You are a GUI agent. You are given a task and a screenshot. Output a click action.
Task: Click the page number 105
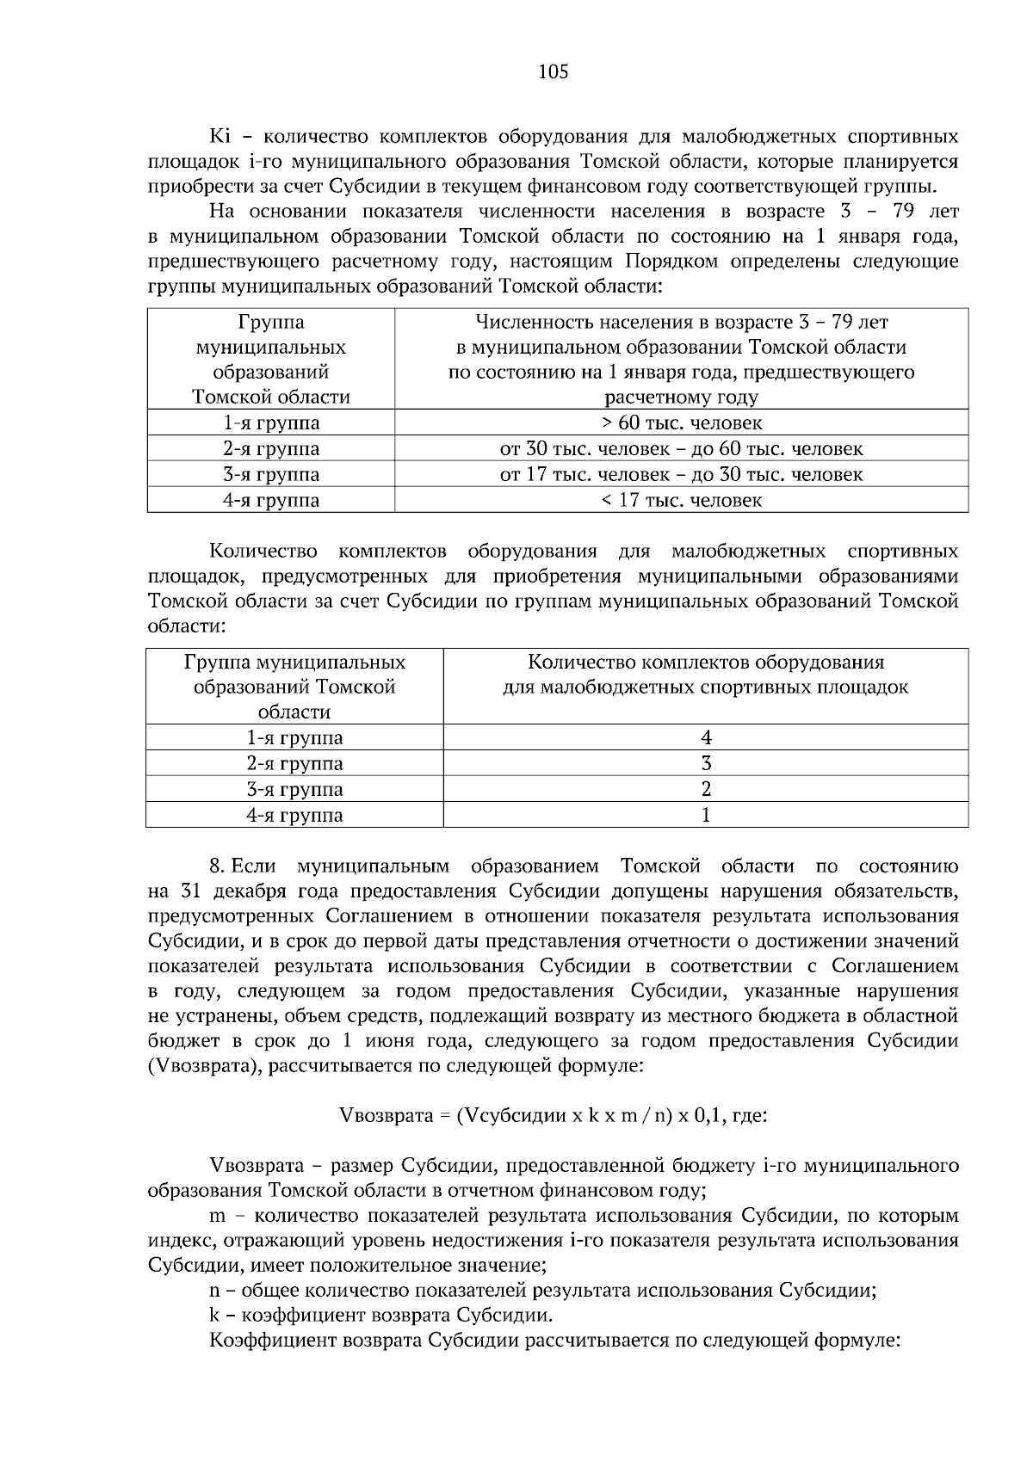[x=553, y=72]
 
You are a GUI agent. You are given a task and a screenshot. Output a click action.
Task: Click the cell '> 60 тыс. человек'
[x=681, y=423]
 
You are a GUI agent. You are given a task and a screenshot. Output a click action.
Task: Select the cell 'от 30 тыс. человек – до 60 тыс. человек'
[x=681, y=449]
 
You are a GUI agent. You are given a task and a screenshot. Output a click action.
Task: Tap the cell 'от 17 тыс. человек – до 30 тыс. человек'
[x=681, y=475]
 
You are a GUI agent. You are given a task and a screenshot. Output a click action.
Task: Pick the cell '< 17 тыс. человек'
[x=681, y=501]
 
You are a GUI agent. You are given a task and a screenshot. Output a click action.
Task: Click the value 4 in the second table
[x=706, y=738]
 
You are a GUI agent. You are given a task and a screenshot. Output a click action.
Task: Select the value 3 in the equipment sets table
[x=706, y=764]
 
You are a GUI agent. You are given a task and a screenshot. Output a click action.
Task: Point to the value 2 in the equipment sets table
[x=706, y=790]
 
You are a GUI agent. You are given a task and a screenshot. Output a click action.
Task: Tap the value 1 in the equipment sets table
[x=706, y=816]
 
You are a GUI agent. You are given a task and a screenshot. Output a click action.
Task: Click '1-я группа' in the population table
[x=271, y=423]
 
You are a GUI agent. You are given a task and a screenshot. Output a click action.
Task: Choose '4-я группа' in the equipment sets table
[x=294, y=816]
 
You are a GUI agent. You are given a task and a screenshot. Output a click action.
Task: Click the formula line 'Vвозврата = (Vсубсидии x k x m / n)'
[x=554, y=1116]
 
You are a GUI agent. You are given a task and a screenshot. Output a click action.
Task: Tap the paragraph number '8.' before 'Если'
[x=218, y=866]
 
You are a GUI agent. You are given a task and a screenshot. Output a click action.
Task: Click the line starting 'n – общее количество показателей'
[x=542, y=1291]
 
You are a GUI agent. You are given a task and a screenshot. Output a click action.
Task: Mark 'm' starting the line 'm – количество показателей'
[x=217, y=1217]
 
